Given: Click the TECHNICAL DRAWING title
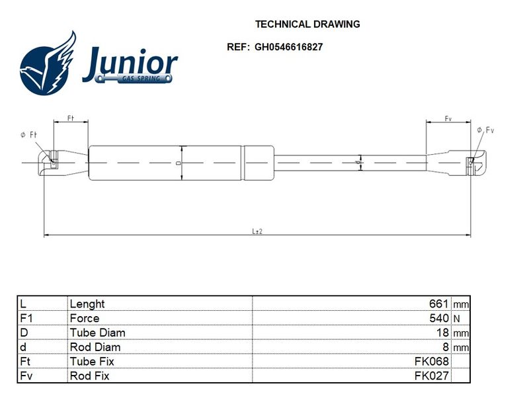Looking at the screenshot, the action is (x=307, y=24).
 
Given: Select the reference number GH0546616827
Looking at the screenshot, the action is (x=288, y=47).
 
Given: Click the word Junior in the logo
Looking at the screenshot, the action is (x=130, y=63).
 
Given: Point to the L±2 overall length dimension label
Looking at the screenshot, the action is (x=257, y=231).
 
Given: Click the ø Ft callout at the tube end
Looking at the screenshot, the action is (x=28, y=135).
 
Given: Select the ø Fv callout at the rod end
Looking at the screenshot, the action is (x=485, y=130).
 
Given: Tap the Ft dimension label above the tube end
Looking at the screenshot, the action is (x=71, y=118).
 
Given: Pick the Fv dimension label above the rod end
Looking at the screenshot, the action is (x=448, y=118).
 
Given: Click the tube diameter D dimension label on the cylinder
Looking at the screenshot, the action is (x=179, y=163).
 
